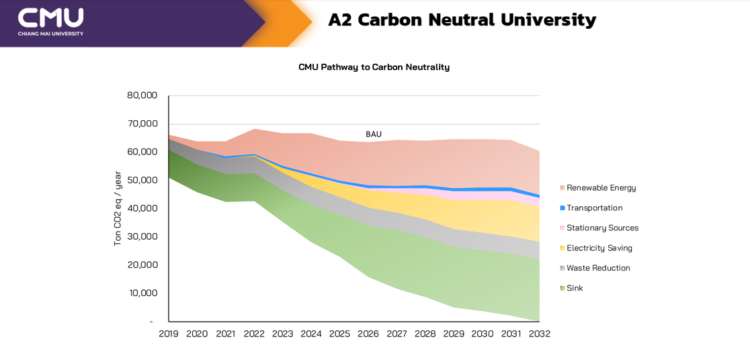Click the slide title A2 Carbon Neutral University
[462, 20]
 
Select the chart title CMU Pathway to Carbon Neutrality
[374, 67]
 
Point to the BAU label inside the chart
[374, 134]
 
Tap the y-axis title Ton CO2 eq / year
[118, 208]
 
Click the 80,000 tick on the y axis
[142, 95]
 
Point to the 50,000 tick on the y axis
[142, 180]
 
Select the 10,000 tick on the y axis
[142, 293]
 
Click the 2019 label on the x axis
[169, 334]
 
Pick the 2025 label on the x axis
[340, 334]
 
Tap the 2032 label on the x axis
[539, 334]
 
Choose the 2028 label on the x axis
[425, 334]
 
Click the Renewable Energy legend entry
[601, 188]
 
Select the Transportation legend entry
[594, 208]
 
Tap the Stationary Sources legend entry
[602, 228]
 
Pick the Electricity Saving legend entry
[599, 248]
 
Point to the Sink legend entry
[575, 288]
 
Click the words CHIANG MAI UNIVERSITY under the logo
[50, 34]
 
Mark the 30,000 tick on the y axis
[142, 236]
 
